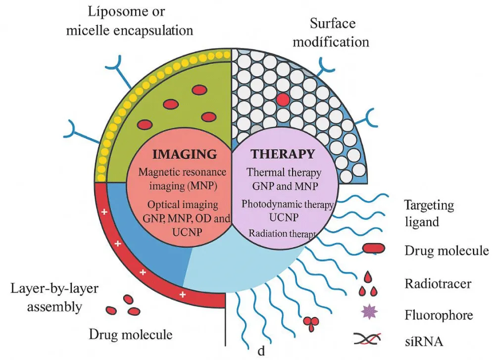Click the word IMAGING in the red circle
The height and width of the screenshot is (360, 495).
(x=185, y=154)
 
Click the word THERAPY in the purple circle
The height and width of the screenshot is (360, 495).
(x=283, y=154)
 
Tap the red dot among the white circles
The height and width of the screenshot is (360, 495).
(x=283, y=100)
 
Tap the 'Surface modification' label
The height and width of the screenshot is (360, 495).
(x=331, y=32)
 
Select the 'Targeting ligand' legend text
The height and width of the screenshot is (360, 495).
(x=429, y=213)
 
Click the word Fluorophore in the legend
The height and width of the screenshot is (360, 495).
(x=439, y=314)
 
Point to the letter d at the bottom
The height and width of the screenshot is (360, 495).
(x=261, y=351)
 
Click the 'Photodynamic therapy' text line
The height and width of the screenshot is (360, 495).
(x=287, y=204)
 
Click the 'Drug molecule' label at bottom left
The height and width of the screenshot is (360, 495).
(x=131, y=334)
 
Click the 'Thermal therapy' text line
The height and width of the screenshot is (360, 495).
(x=284, y=173)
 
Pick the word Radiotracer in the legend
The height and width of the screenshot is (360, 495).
(x=438, y=284)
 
